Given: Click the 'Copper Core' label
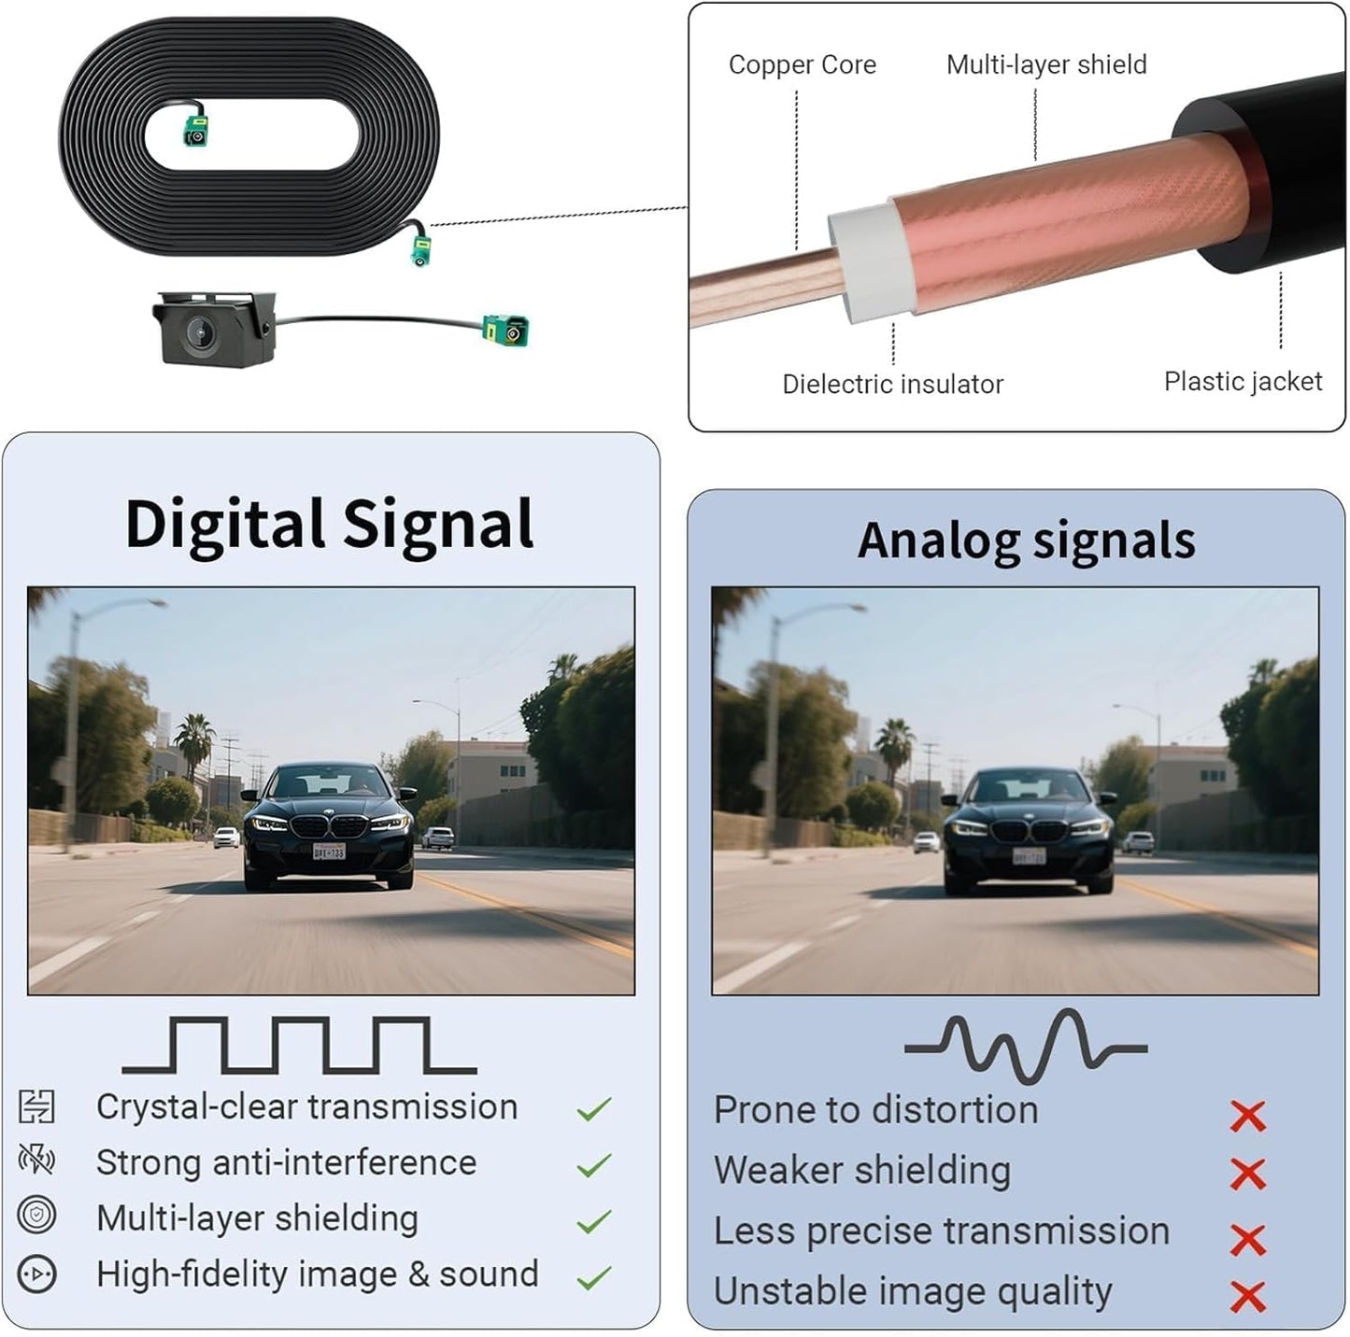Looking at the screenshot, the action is click(803, 64).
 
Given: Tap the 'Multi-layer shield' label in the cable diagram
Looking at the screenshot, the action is click(1046, 64).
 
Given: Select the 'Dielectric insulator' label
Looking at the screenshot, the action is click(892, 384).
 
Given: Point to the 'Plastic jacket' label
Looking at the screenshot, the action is click(1243, 382).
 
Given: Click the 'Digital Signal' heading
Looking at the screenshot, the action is click(329, 526).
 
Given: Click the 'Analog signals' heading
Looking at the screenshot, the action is click(1027, 542).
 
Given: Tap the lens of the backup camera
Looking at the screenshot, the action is click(200, 331).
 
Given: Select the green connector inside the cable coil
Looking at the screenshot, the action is click(196, 131).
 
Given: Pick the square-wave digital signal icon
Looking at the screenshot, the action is click(300, 1044).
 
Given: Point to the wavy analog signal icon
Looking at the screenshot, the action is click(1027, 1047).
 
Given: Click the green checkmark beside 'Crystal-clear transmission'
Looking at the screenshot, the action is click(594, 1108).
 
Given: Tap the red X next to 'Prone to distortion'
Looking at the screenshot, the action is click(1248, 1117).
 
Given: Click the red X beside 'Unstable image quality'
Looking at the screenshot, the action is click(1248, 1297).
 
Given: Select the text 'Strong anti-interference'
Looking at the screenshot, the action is click(287, 1162).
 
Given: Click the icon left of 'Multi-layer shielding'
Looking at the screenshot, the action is click(36, 1215).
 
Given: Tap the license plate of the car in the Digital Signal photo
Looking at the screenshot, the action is click(329, 851).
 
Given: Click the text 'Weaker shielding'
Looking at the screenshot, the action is click(862, 1171).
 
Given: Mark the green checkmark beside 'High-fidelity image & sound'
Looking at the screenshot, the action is click(594, 1277).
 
